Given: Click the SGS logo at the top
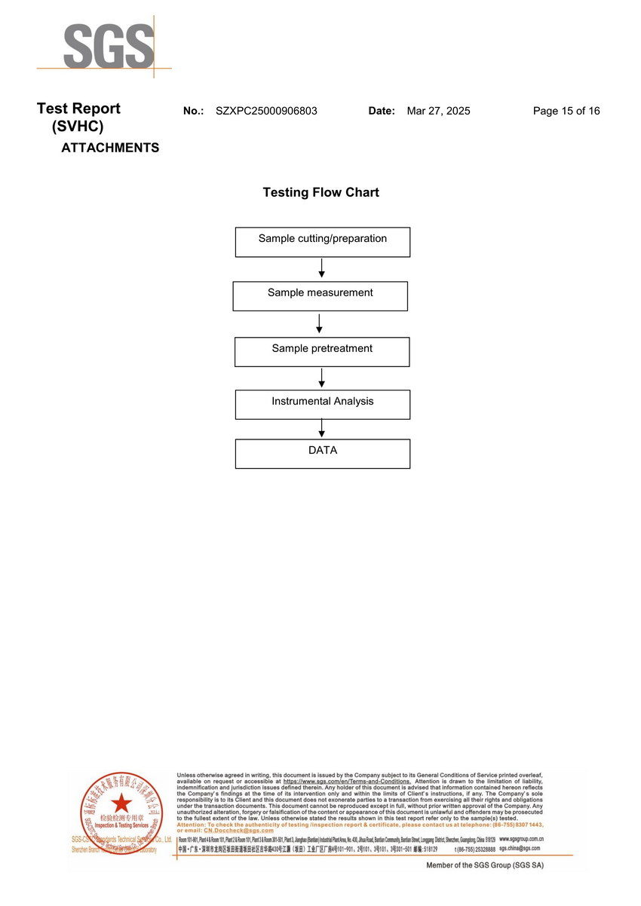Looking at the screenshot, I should click(108, 47).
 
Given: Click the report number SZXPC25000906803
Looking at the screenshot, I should click(266, 111).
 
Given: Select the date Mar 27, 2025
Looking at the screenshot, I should click(438, 111).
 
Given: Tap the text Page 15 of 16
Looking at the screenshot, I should click(566, 111).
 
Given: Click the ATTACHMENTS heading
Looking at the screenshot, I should click(110, 148).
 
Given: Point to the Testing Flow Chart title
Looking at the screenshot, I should click(320, 192).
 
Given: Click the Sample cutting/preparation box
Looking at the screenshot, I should click(323, 242).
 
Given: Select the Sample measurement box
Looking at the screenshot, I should click(320, 296).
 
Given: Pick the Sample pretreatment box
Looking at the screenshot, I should click(322, 352).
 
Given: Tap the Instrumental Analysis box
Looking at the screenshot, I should click(323, 405).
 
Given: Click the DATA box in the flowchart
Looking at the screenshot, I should click(323, 454).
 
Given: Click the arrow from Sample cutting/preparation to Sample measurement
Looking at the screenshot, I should click(322, 268).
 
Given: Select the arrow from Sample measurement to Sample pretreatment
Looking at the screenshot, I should click(320, 324).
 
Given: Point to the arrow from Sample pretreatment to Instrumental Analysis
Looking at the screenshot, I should click(322, 378).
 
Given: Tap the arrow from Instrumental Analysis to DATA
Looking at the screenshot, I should click(322, 429).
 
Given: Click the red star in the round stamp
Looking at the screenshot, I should click(121, 803).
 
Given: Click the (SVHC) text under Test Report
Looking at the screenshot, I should click(78, 127).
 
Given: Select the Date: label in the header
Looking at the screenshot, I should click(382, 111).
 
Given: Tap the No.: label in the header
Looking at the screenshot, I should click(194, 111).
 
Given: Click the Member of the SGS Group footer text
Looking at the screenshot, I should click(485, 865).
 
